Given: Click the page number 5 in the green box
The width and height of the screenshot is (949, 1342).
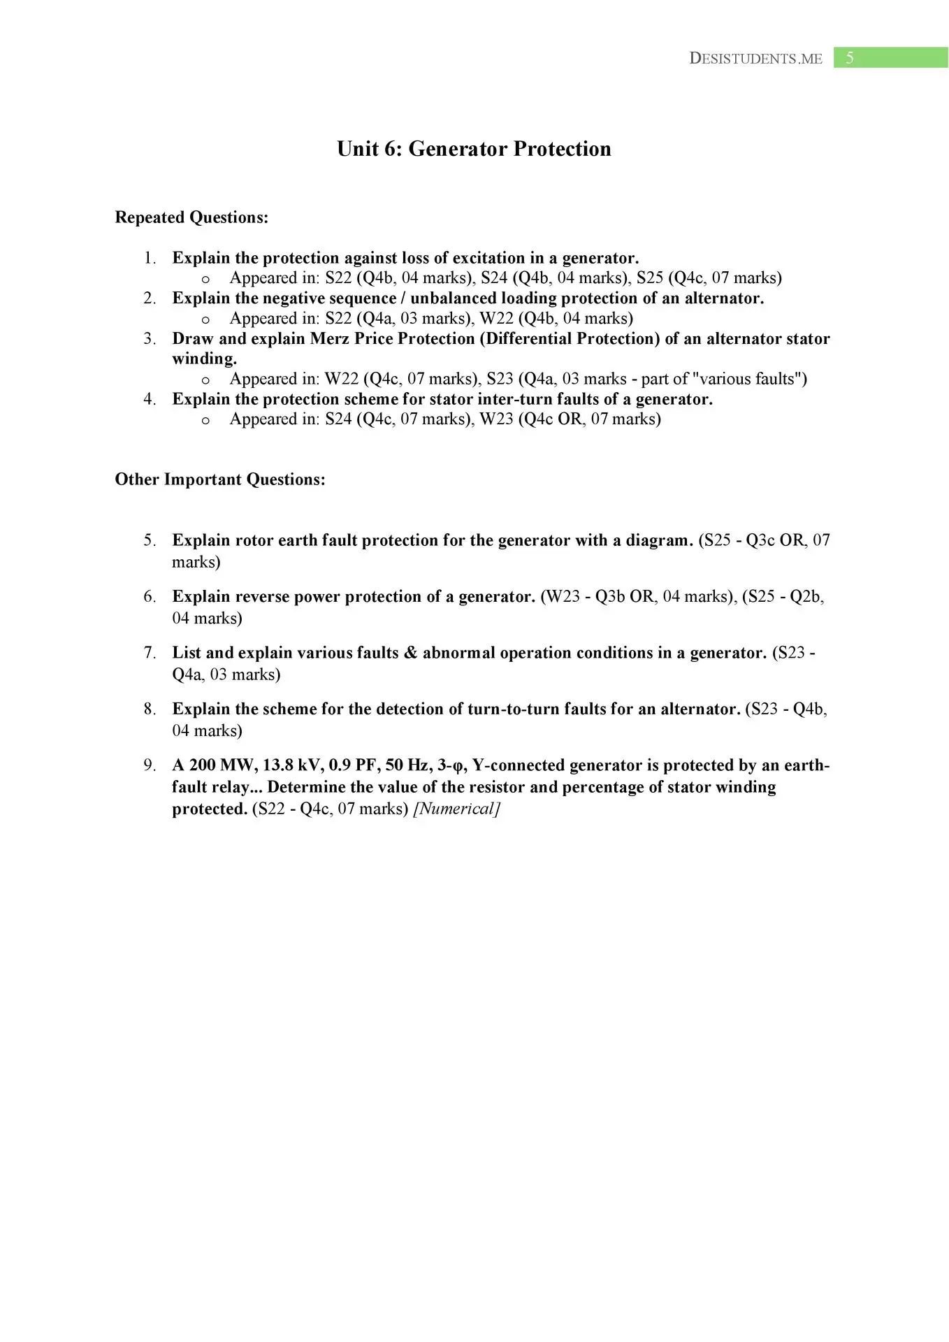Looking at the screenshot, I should tap(850, 58).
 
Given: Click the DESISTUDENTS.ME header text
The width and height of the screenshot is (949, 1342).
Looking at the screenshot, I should tap(755, 59).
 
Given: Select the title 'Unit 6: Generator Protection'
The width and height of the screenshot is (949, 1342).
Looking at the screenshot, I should tap(474, 149).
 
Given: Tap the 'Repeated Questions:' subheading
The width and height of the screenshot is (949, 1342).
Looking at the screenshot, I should tap(191, 217).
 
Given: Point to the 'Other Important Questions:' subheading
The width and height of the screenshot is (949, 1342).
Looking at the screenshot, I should tap(220, 479).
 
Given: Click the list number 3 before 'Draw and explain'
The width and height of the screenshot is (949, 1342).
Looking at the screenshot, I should tap(149, 339).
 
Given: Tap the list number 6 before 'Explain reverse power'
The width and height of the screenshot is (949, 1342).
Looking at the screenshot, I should tap(149, 597).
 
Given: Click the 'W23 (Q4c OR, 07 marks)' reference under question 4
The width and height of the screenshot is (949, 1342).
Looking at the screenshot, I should tap(570, 419).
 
